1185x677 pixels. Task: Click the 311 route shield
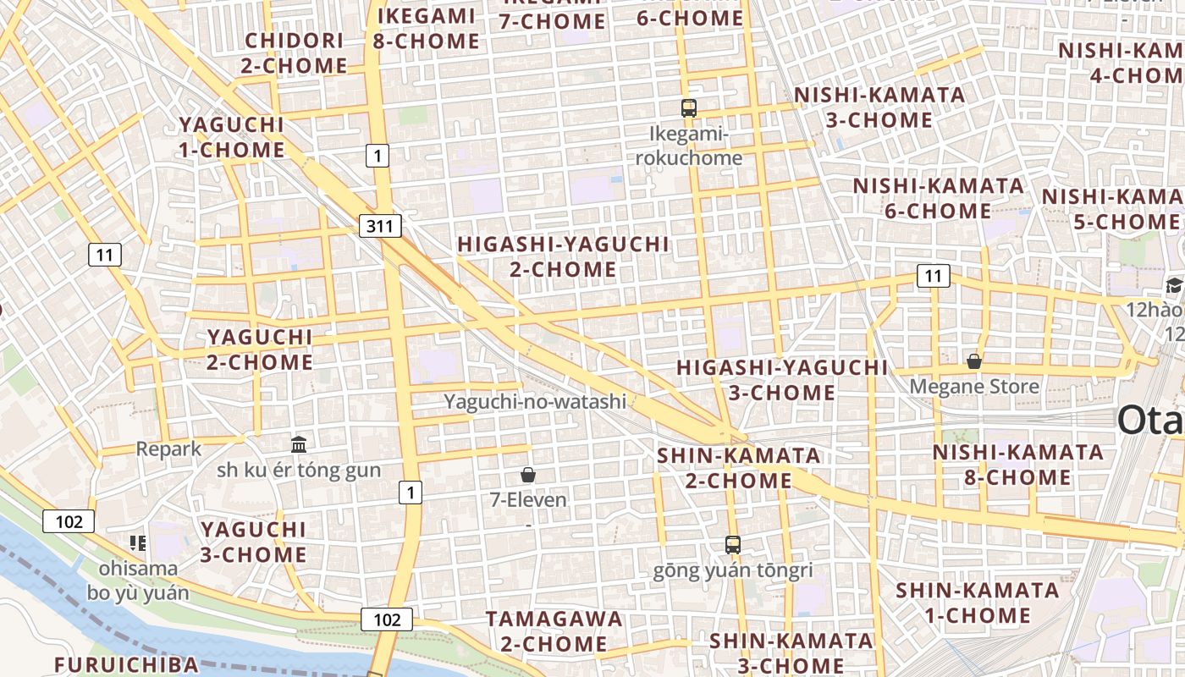click(380, 226)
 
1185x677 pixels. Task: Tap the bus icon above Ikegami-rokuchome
click(689, 107)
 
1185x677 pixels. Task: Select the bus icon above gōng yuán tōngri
click(733, 545)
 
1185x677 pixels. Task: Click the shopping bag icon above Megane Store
click(974, 361)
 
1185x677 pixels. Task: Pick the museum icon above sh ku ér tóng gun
click(299, 444)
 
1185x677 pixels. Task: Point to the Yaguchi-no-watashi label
click(536, 401)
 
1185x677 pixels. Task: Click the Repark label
click(169, 449)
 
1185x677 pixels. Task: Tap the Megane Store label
click(974, 387)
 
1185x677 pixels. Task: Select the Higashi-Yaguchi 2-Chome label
click(563, 257)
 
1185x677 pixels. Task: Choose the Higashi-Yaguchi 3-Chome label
click(782, 380)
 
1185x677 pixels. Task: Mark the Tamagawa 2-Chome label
click(554, 631)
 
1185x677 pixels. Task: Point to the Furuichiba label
click(126, 664)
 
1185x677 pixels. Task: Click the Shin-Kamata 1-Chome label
click(977, 603)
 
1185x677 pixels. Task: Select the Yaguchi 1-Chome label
click(232, 137)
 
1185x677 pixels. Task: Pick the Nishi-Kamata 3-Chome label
click(879, 107)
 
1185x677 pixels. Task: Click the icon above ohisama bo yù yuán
click(138, 542)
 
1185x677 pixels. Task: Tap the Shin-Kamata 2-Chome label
click(726, 468)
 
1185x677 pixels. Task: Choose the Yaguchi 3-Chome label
click(253, 542)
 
